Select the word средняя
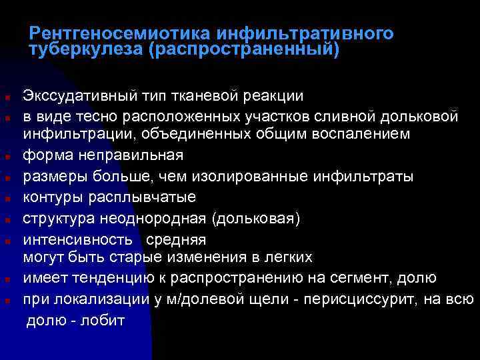(176, 239)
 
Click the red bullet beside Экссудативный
(6, 98)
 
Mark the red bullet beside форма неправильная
(6, 157)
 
